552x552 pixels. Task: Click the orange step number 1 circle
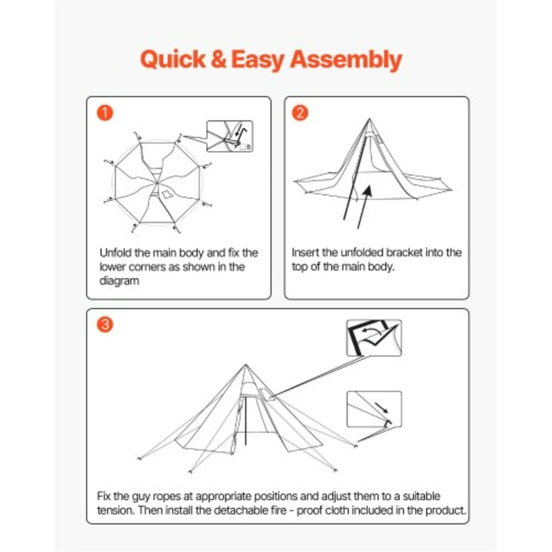click(x=105, y=113)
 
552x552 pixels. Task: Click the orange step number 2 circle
click(x=300, y=113)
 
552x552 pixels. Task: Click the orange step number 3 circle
click(x=105, y=324)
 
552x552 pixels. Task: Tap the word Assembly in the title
click(x=346, y=60)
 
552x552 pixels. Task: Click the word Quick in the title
click(x=173, y=60)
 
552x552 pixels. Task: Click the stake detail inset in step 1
click(x=230, y=136)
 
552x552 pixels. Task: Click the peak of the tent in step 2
click(x=369, y=120)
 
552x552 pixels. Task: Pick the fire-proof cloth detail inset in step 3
click(x=374, y=338)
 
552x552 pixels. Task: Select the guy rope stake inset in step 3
click(x=374, y=409)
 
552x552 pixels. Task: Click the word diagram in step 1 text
click(x=119, y=281)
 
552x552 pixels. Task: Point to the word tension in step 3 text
click(x=115, y=510)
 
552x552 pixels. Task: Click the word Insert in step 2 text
click(x=305, y=253)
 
